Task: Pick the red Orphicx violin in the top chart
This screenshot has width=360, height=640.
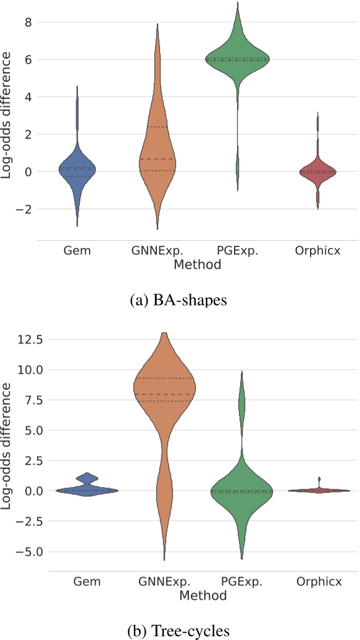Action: [x=318, y=172]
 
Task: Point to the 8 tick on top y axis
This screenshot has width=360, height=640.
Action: [x=28, y=22]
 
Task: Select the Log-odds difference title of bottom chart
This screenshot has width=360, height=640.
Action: [x=8, y=446]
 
